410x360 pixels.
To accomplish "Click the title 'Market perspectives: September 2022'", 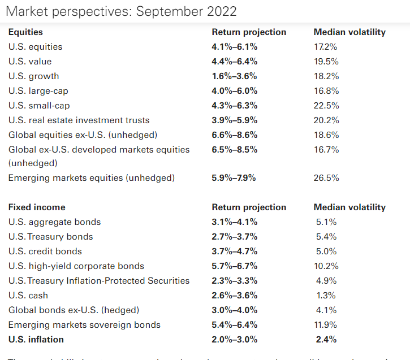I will click(x=120, y=11).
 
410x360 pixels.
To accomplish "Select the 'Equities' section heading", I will click(x=25, y=32).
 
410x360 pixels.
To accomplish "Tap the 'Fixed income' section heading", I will click(x=37, y=207).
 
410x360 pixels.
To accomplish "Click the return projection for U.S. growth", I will click(x=234, y=76).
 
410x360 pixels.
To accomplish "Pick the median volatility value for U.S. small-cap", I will click(x=326, y=106).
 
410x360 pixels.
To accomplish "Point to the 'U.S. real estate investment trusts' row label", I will click(x=79, y=120).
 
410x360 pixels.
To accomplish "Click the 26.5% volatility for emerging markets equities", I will click(x=326, y=178).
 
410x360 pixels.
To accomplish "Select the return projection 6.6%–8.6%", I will click(x=234, y=135).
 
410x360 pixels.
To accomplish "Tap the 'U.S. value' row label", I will click(x=30, y=62).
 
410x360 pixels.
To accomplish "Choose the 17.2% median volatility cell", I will click(x=326, y=47).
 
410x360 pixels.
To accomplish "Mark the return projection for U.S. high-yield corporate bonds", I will click(x=234, y=266).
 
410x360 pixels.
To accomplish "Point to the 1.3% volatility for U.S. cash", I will click(x=326, y=296).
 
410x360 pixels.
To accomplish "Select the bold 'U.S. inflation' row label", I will click(x=36, y=340).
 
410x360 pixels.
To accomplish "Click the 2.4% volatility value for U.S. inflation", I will click(x=326, y=340).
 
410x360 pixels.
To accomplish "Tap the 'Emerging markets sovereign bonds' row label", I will click(x=84, y=325).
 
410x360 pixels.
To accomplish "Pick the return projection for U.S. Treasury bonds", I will click(x=234, y=237).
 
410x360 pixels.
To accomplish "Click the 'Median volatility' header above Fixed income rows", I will click(x=349, y=207).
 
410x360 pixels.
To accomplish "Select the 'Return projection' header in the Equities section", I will click(x=249, y=32).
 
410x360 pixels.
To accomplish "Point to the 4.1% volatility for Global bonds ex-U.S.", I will click(x=326, y=310).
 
